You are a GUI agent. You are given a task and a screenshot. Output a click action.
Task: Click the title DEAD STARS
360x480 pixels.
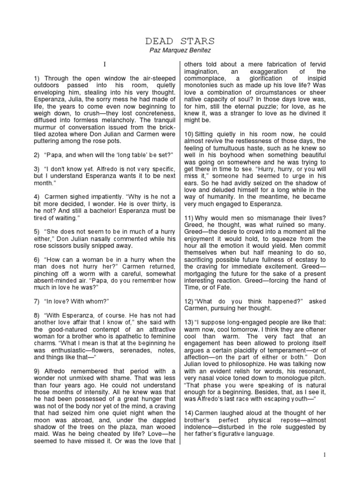pyautogui.click(x=180, y=41)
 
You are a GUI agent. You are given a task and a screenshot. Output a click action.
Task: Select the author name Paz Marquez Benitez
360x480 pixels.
pyautogui.click(x=180, y=51)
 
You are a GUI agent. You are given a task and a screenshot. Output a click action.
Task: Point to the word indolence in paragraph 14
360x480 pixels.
pyautogui.click(x=199, y=427)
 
